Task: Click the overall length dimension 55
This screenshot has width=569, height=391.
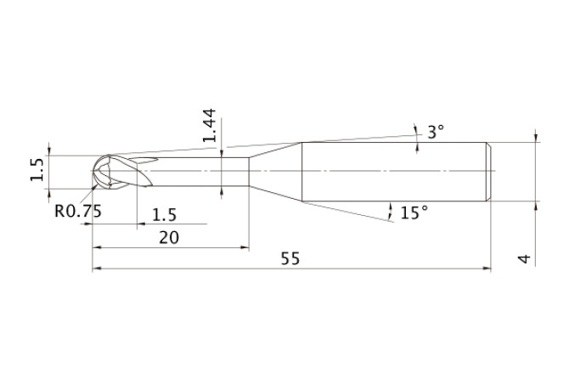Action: pos(290,258)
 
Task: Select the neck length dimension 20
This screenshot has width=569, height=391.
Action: pos(169,238)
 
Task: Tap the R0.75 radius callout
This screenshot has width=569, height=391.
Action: pos(78,211)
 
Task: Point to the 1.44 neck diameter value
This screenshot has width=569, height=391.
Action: pos(210,125)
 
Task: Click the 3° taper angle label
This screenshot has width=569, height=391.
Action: pos(436,132)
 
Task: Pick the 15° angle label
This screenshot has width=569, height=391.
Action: pos(414,212)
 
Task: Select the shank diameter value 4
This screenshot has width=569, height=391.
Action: pos(524,259)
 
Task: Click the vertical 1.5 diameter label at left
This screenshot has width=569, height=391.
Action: pos(37,169)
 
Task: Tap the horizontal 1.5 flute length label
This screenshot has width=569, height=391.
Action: pos(164,215)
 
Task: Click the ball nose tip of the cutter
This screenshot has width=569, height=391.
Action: pos(93,172)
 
